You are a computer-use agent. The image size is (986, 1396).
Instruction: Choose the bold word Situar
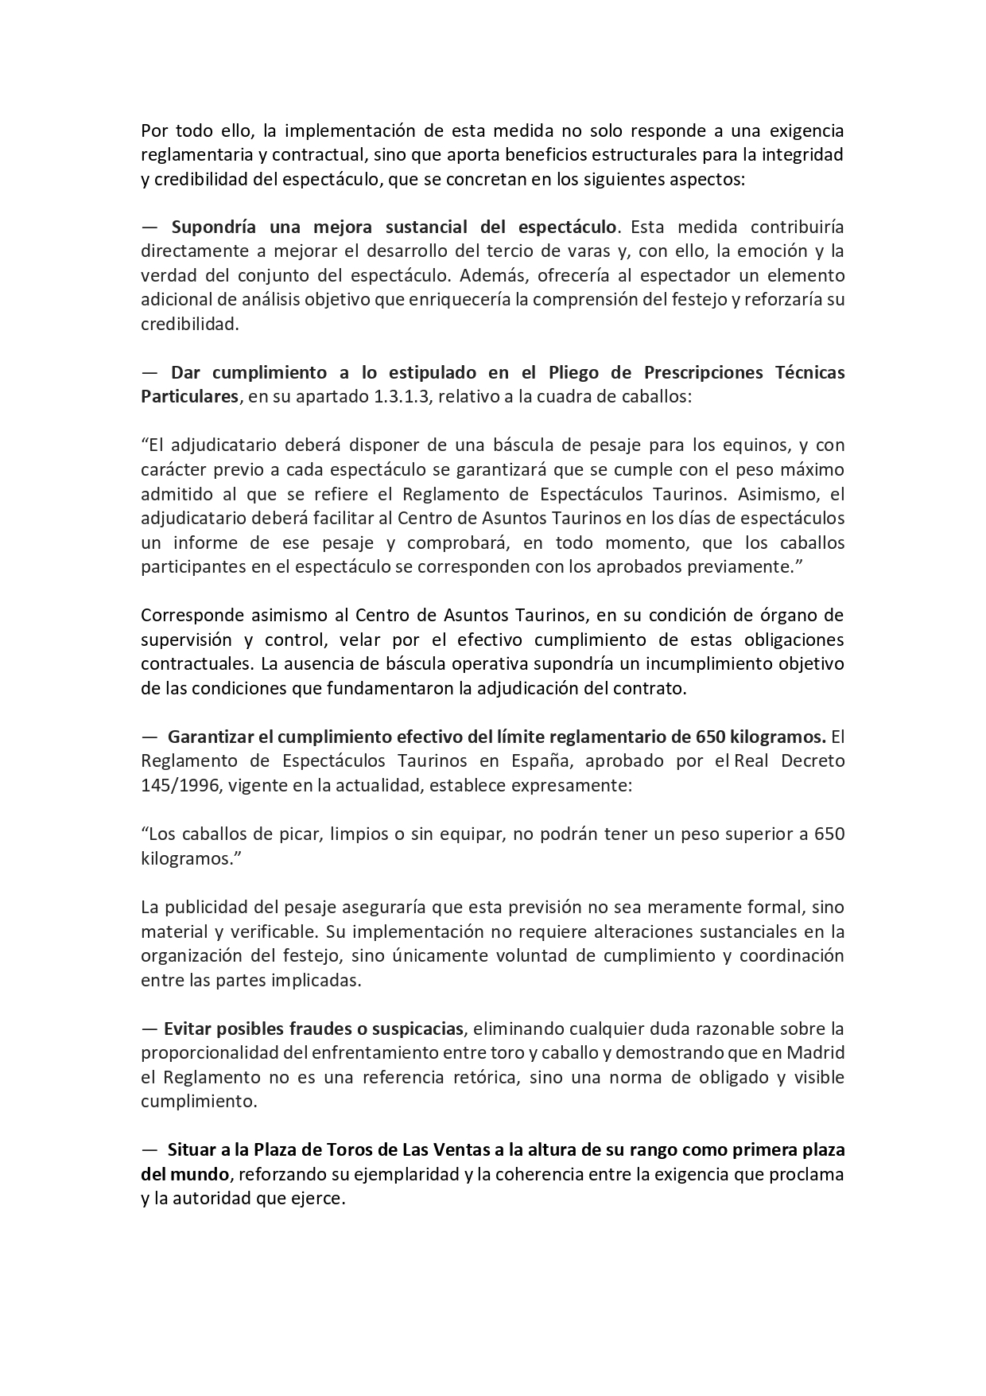[x=190, y=1149]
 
